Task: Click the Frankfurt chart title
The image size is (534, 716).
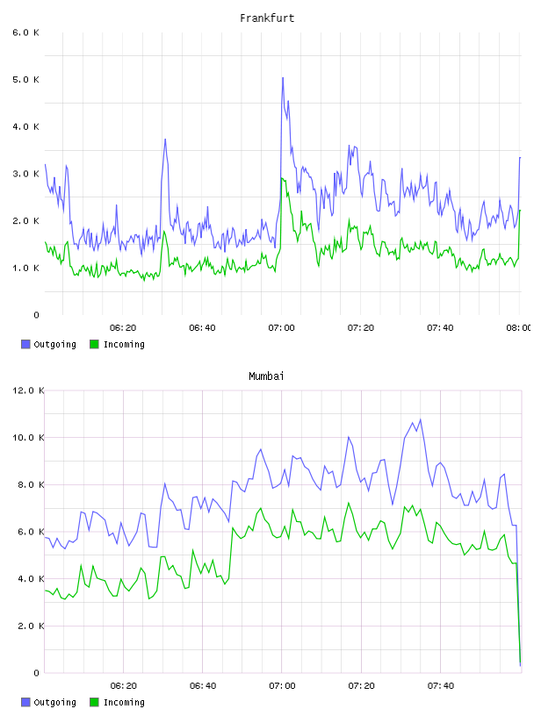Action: point(267,18)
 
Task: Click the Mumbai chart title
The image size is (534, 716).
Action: point(266,376)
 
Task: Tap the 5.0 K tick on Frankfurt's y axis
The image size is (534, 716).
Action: point(26,80)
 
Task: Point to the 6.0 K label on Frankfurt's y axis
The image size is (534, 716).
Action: point(26,32)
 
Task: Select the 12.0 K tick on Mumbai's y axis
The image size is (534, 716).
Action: point(28,390)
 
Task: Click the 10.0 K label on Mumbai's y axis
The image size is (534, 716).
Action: point(28,438)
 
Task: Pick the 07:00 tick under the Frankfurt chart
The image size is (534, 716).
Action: point(282,328)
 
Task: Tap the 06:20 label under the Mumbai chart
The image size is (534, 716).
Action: point(124,686)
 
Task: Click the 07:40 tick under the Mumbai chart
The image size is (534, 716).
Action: point(441,686)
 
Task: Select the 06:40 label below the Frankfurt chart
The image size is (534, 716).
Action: point(202,328)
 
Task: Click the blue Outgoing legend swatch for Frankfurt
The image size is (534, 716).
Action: point(25,344)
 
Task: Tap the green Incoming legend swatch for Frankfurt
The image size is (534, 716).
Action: point(94,344)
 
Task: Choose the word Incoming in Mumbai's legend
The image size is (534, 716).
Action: point(124,702)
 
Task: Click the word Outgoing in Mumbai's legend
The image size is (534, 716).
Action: point(54,702)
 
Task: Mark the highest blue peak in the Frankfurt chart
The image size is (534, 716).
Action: point(283,78)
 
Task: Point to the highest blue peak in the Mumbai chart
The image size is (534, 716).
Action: point(421,419)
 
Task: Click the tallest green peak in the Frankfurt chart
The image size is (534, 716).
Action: point(282,178)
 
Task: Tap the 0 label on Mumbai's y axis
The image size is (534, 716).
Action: point(37,673)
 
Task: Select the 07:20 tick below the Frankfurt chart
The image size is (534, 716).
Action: point(361,328)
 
